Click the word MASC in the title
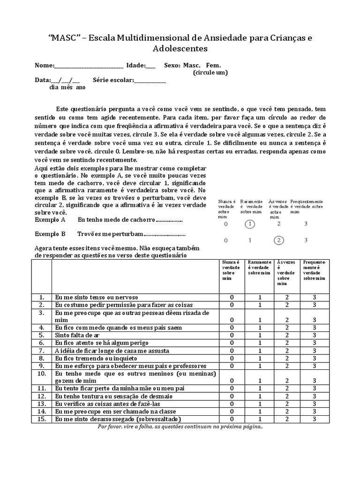tap(60, 37)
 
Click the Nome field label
tap(45, 66)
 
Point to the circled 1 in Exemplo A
tap(250, 224)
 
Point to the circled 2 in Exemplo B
tap(279, 240)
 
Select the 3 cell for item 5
tap(315, 335)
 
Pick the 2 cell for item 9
tap(287, 366)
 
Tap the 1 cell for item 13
tap(259, 404)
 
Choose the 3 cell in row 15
tap(315, 419)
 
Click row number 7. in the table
tap(41, 350)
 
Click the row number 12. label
tap(41, 396)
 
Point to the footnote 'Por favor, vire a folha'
tap(180, 427)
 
